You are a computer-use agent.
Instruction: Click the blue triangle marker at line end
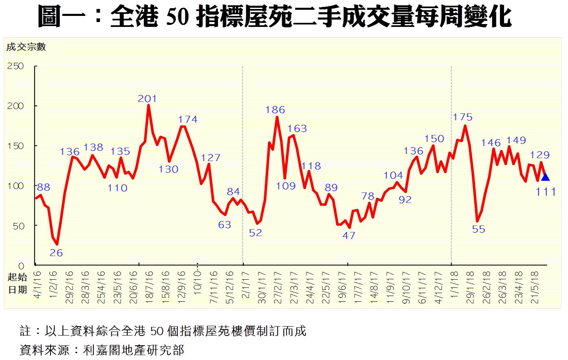[x=545, y=177]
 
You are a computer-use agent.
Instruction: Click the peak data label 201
[x=147, y=99]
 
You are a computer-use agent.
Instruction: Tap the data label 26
[x=56, y=253]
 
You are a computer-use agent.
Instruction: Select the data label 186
[x=275, y=110]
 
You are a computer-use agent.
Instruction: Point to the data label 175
[x=463, y=117]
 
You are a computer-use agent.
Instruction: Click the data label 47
[x=349, y=235]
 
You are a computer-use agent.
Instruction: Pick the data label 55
[x=479, y=230]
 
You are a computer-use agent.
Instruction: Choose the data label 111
[x=546, y=191]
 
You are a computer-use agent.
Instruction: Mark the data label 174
[x=188, y=119]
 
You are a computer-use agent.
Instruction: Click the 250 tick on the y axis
[x=16, y=66]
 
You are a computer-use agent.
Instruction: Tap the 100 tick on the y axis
[x=16, y=186]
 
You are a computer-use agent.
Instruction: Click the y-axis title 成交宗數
[x=26, y=47]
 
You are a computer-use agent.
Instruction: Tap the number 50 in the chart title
[x=178, y=17]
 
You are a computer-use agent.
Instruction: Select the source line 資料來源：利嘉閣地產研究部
[x=102, y=350]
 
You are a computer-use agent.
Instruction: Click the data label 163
[x=297, y=128]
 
